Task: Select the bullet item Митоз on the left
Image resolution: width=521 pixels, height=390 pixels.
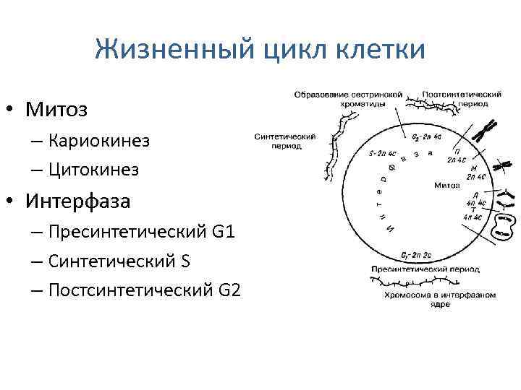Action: click(56, 110)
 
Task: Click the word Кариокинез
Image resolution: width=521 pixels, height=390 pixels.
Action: click(100, 140)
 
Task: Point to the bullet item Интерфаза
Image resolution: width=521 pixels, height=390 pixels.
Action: click(78, 201)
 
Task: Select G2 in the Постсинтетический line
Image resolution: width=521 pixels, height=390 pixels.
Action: click(228, 290)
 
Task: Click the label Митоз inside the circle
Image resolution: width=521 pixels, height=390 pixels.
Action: click(447, 186)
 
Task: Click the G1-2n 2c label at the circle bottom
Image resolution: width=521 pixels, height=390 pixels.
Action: click(416, 256)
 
